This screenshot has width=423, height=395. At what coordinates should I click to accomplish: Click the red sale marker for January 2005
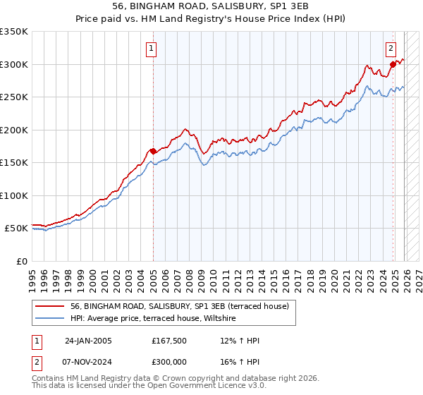coord(153,151)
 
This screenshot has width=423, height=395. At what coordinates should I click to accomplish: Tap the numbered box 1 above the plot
coord(152,49)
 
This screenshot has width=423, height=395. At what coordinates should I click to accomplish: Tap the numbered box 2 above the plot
coord(391,49)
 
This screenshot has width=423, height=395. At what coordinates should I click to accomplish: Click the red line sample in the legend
coord(49,307)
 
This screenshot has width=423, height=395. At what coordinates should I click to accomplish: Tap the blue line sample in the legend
coord(49,320)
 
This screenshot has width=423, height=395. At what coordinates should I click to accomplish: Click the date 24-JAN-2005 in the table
coord(88,341)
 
